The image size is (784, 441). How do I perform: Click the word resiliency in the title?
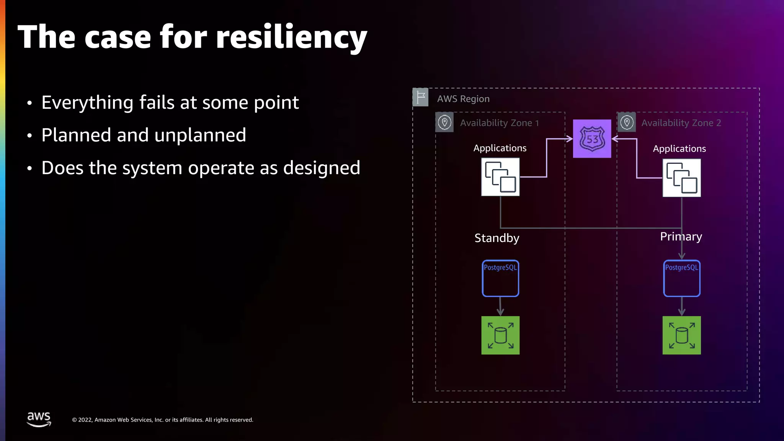(x=291, y=38)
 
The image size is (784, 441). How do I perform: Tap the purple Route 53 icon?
(x=592, y=139)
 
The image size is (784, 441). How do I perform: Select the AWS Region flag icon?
(x=420, y=97)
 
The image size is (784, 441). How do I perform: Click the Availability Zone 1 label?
(x=499, y=123)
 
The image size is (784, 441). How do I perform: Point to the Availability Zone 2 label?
(x=681, y=123)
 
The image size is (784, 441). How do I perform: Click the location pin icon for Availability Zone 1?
(x=444, y=122)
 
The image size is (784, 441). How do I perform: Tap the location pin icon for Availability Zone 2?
(x=627, y=122)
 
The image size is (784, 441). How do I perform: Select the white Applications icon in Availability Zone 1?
(x=500, y=177)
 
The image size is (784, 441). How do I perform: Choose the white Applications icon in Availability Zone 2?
(x=681, y=178)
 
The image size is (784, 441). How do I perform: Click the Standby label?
(x=497, y=238)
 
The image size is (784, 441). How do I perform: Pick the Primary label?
(x=681, y=237)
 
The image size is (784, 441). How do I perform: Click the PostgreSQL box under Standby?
(x=500, y=278)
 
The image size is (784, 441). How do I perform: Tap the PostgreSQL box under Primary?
(x=681, y=278)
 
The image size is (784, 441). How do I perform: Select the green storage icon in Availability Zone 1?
(x=500, y=335)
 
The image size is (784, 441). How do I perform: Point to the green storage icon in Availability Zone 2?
(x=681, y=335)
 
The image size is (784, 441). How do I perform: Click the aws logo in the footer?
(x=39, y=419)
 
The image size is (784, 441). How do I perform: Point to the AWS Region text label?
(x=463, y=99)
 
